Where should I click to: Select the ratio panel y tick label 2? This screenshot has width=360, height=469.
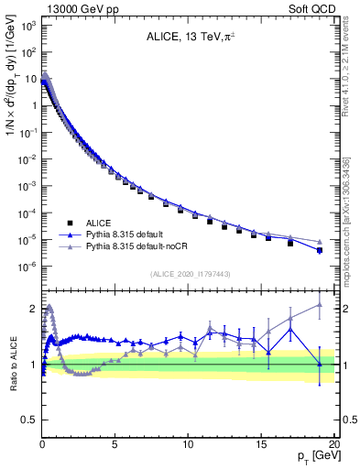click(32, 308)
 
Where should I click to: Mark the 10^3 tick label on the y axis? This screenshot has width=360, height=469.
click(28, 25)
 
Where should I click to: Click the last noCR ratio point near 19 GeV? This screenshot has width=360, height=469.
click(319, 305)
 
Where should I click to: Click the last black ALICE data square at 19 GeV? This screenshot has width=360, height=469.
click(319, 250)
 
